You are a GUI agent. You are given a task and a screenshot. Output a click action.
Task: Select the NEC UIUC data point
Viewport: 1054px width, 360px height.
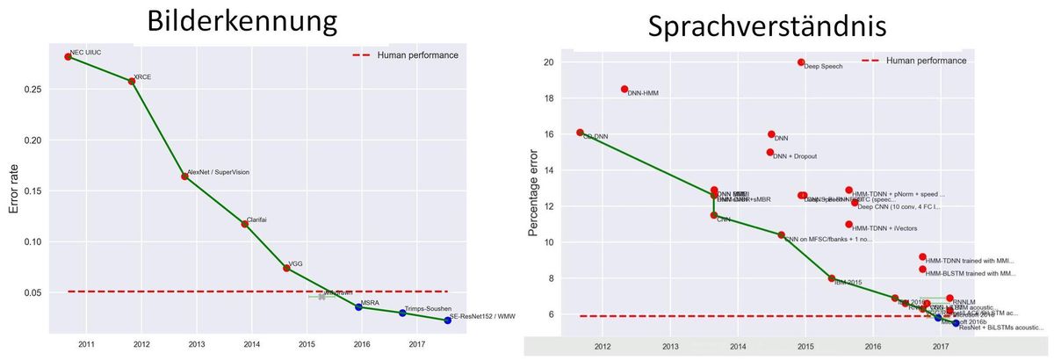68,57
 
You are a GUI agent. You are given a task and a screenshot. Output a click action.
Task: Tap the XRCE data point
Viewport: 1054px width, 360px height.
132,81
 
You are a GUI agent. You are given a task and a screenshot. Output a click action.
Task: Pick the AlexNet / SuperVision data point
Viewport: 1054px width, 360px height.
184,176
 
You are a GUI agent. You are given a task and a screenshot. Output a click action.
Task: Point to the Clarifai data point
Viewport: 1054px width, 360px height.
245,224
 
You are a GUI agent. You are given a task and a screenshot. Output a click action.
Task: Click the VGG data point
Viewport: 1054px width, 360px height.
286,268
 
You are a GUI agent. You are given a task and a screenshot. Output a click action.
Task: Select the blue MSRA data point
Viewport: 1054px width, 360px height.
358,307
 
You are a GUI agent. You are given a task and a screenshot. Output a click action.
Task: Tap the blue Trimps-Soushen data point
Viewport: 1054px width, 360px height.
402,313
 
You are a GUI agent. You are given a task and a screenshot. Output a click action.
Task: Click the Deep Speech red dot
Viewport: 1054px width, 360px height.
801,62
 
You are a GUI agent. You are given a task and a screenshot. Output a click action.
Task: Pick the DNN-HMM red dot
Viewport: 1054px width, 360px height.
624,90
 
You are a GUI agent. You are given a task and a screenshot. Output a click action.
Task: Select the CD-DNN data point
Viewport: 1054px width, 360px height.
580,133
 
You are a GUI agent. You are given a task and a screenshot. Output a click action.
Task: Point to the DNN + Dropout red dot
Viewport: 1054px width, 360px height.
770,153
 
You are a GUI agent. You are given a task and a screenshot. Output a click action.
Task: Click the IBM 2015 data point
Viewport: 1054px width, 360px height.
831,278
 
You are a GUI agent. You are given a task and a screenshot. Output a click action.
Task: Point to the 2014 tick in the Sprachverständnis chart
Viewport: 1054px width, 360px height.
738,347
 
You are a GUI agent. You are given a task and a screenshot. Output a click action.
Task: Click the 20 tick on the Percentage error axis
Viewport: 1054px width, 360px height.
547,62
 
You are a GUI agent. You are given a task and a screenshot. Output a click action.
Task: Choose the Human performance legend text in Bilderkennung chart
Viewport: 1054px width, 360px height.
417,55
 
